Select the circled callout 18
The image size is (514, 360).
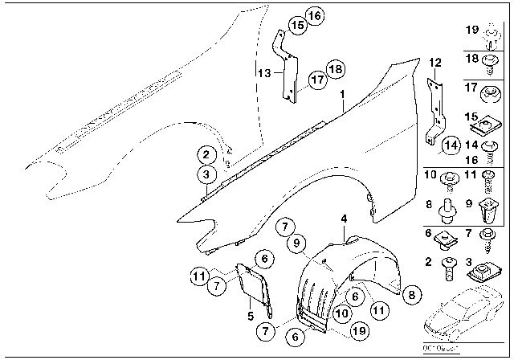pos(335,69)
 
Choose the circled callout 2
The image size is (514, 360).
pos(206,156)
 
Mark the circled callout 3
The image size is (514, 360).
pos(206,174)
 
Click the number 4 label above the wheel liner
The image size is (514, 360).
pos(343,219)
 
